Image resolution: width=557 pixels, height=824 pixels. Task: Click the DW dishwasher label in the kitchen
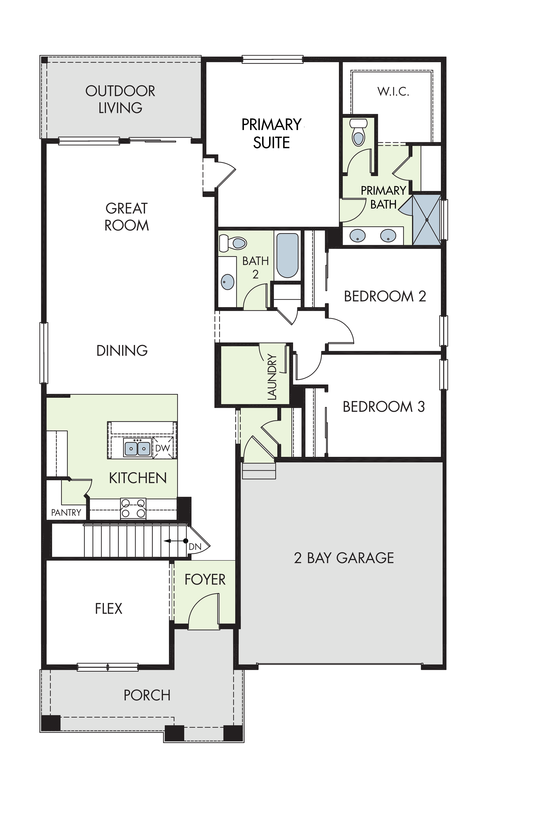coord(163,448)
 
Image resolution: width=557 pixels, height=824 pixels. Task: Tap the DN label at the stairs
coord(195,547)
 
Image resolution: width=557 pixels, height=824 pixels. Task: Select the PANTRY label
coord(66,512)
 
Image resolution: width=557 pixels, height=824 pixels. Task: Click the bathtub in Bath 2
coord(287,255)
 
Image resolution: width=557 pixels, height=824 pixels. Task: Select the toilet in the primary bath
coord(358,132)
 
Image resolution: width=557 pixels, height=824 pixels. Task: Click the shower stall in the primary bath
coord(427,220)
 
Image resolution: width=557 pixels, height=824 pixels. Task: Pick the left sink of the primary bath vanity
coord(358,236)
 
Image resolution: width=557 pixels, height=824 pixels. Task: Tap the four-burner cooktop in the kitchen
coord(133,509)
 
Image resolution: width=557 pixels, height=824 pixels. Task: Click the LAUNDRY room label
coord(272,377)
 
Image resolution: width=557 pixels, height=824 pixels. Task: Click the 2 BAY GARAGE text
coord(344,558)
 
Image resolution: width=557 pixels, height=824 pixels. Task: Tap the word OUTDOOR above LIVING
coord(120,91)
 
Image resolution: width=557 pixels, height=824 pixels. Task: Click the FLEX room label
coord(108,608)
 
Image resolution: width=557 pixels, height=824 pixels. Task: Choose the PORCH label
coord(147,695)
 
